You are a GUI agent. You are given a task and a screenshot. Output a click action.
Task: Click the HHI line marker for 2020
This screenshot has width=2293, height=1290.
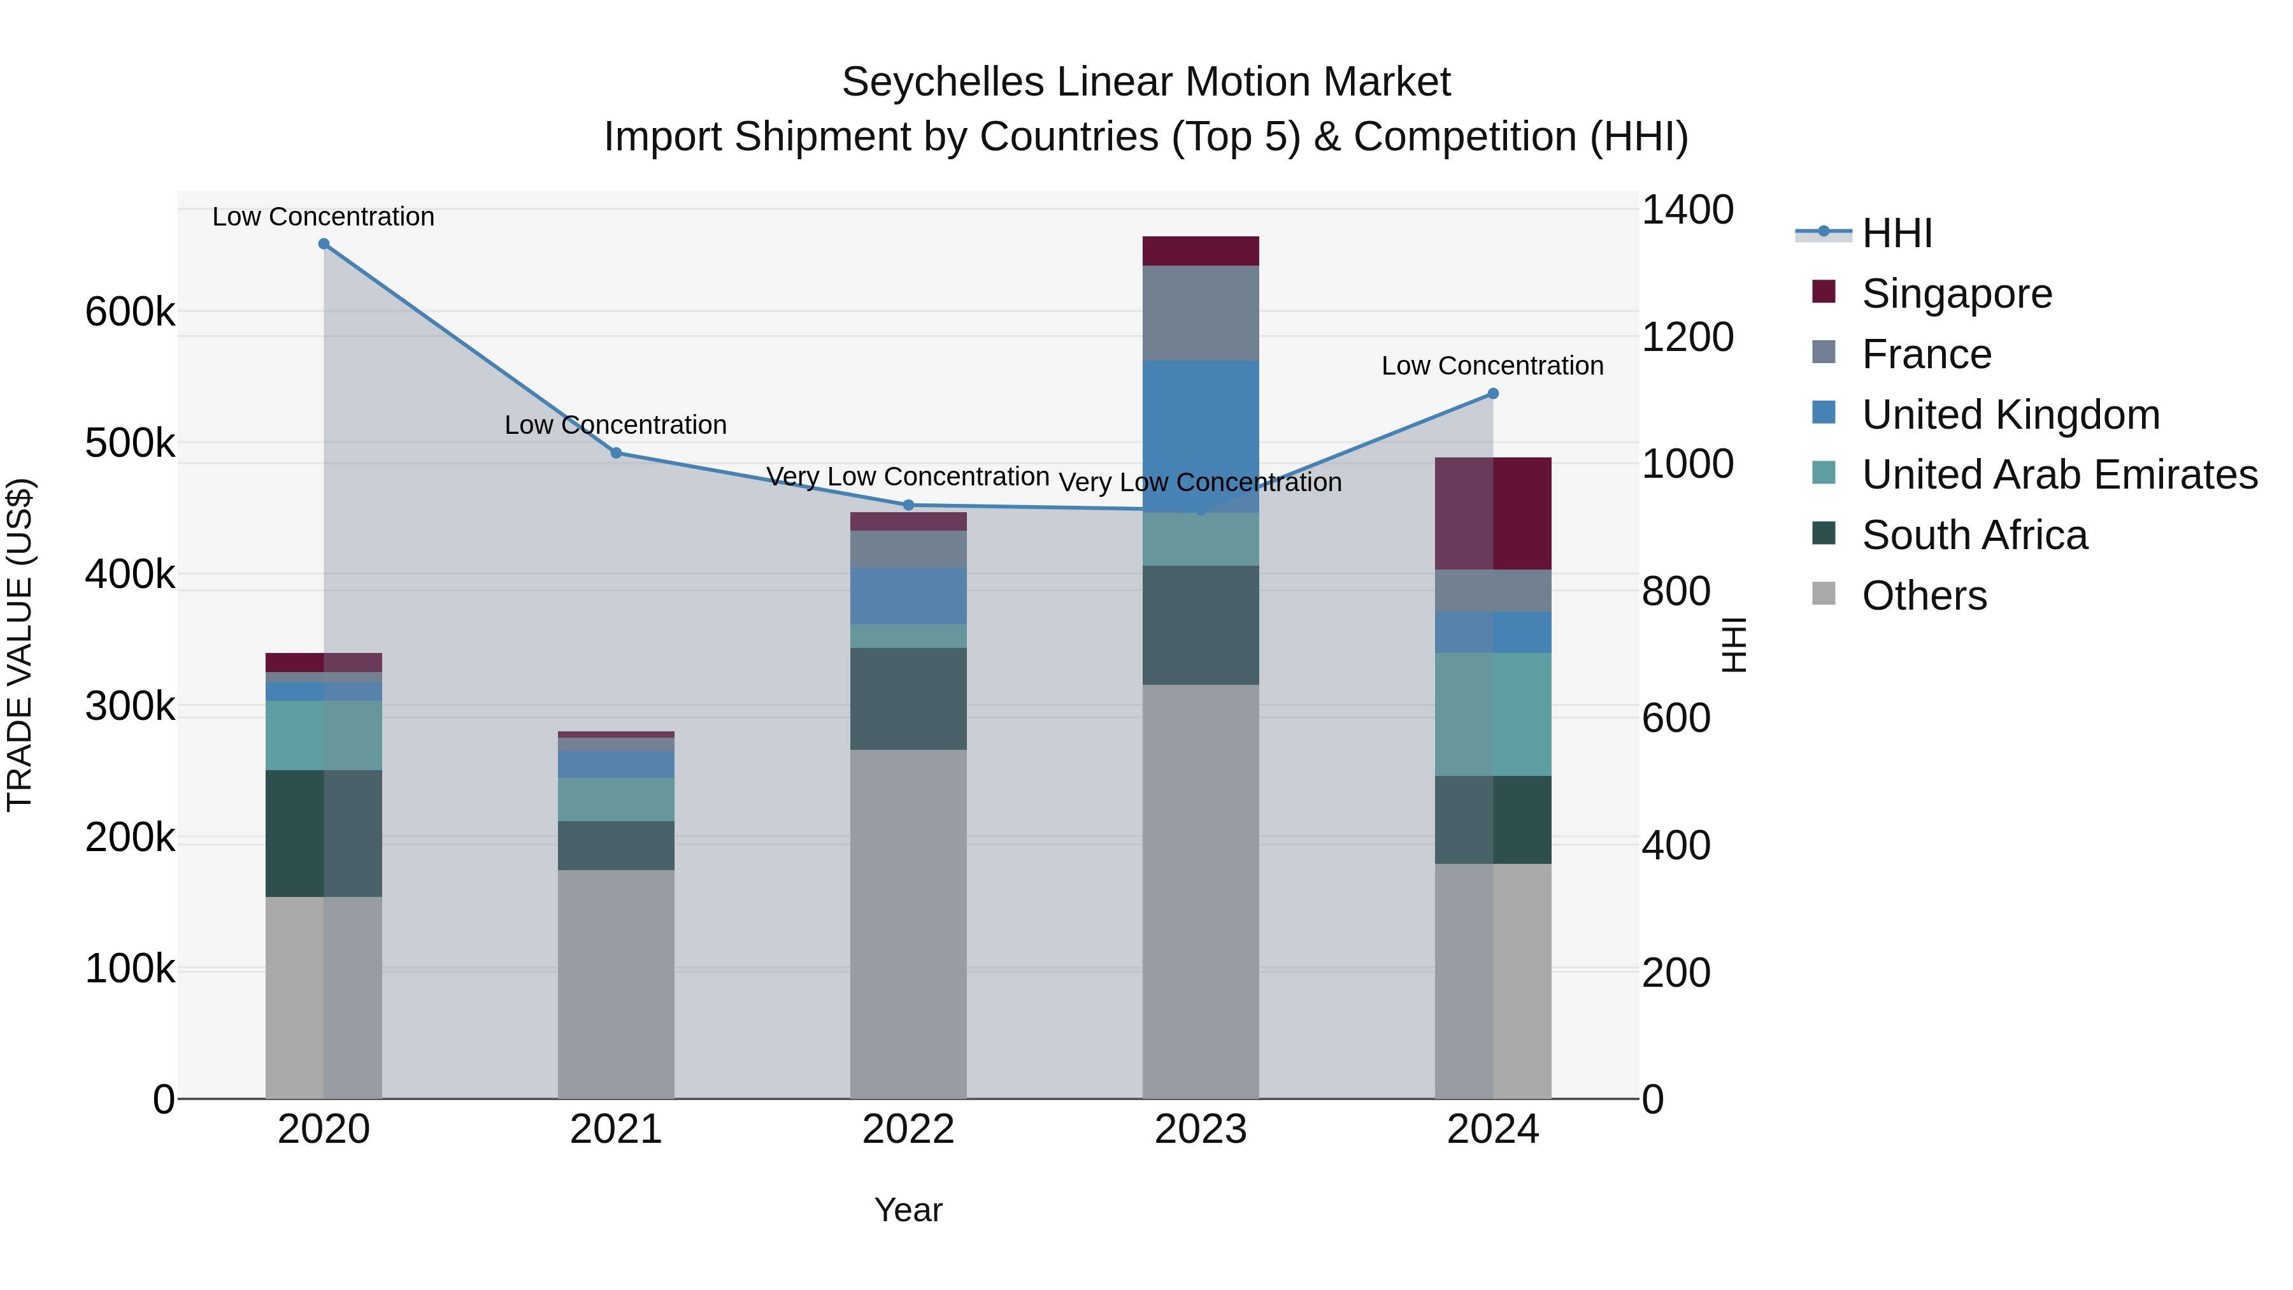click(x=324, y=244)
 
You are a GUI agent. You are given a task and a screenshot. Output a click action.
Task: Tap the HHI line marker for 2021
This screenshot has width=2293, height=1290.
click(x=616, y=453)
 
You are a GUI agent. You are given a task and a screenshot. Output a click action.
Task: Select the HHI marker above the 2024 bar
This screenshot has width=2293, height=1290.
click(x=1493, y=394)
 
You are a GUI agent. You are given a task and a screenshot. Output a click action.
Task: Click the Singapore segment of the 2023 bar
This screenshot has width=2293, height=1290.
click(x=1201, y=251)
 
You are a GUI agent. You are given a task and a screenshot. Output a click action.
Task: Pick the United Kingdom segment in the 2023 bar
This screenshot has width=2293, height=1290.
click(x=1201, y=436)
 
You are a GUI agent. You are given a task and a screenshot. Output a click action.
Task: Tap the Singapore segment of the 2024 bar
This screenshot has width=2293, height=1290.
click(x=1493, y=513)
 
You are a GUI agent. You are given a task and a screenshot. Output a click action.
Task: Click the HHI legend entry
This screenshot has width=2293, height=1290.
click(x=1896, y=233)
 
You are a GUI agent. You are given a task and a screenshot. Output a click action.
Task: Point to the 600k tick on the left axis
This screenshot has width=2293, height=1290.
click(x=130, y=313)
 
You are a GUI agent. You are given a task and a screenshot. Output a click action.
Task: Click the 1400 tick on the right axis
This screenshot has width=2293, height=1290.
click(x=1687, y=211)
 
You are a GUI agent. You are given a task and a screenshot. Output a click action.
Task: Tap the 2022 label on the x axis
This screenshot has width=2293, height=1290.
click(x=908, y=1129)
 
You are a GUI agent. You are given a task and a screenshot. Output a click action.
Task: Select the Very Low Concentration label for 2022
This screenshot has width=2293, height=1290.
click(x=907, y=477)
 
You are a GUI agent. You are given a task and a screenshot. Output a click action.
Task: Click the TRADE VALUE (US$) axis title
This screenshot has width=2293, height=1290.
click(x=20, y=645)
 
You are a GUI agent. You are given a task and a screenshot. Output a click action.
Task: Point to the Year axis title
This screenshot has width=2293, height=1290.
click(x=908, y=1210)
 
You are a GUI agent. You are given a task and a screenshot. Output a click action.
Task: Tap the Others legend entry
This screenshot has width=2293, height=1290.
click(x=1924, y=596)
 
